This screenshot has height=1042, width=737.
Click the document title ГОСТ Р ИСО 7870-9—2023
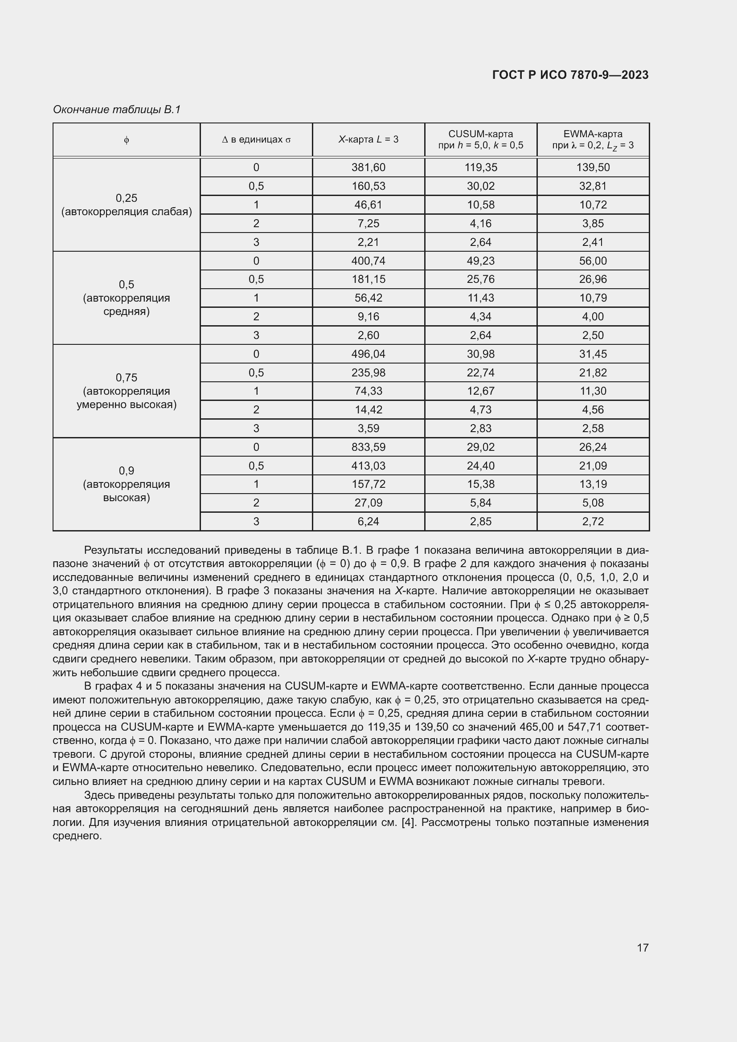[570, 75]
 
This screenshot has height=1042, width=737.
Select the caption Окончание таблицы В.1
[117, 110]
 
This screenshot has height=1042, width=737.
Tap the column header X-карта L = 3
[368, 140]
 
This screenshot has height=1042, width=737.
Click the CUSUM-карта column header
[480, 140]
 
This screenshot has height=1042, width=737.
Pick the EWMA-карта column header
[593, 140]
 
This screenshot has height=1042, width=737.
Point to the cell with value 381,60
[368, 168]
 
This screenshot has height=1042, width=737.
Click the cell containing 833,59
[368, 447]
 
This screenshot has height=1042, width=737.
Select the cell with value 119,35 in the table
[481, 168]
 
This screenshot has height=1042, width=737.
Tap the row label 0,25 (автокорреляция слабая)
[126, 204]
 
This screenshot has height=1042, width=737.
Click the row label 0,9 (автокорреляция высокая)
[126, 484]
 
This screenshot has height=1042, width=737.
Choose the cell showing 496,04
[368, 354]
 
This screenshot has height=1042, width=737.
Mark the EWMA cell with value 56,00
[593, 261]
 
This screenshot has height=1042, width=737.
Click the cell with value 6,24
[368, 522]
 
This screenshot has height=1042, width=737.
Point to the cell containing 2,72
[593, 522]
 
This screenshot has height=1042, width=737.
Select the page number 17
[642, 948]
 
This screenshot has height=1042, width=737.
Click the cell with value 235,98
[368, 372]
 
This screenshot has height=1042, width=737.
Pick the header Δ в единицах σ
[256, 140]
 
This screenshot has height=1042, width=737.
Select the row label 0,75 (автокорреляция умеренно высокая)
[126, 391]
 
